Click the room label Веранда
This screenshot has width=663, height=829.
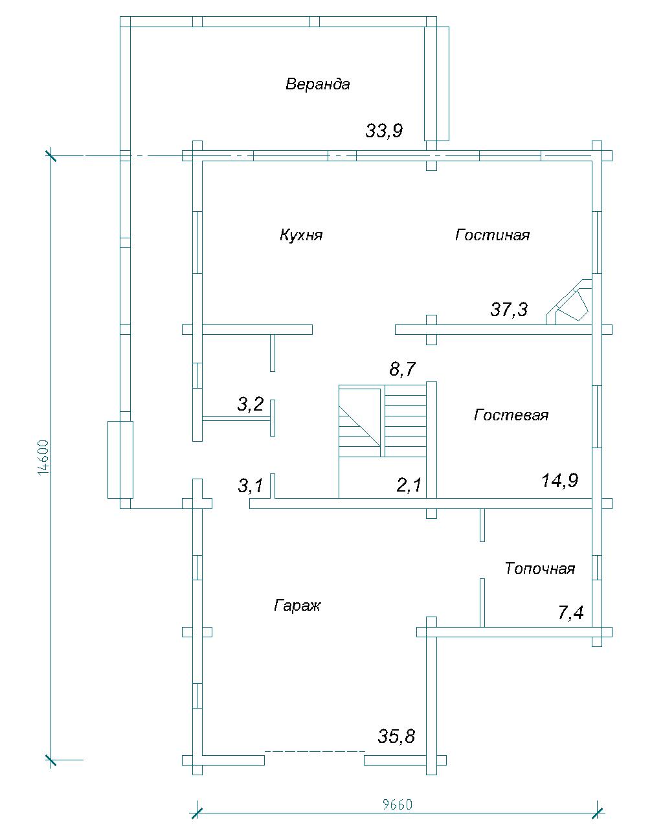(x=317, y=84)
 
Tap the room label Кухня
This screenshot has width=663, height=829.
(x=301, y=234)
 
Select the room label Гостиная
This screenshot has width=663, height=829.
(x=492, y=234)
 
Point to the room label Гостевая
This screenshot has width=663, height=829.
(x=511, y=415)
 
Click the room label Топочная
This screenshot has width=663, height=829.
(x=540, y=568)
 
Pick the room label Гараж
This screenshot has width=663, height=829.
(x=297, y=606)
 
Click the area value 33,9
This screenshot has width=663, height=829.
(x=384, y=131)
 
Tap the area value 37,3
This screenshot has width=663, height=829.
(x=509, y=310)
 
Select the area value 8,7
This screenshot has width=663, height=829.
(x=403, y=369)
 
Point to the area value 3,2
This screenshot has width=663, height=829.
(x=251, y=403)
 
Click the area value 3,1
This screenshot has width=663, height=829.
(x=251, y=485)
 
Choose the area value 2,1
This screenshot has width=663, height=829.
(x=409, y=484)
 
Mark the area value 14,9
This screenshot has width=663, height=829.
(x=560, y=481)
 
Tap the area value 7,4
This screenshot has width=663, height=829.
(x=571, y=613)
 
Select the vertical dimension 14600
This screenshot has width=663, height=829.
(x=44, y=457)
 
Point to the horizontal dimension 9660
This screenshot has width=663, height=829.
(x=398, y=802)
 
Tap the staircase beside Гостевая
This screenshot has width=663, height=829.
(x=383, y=440)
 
